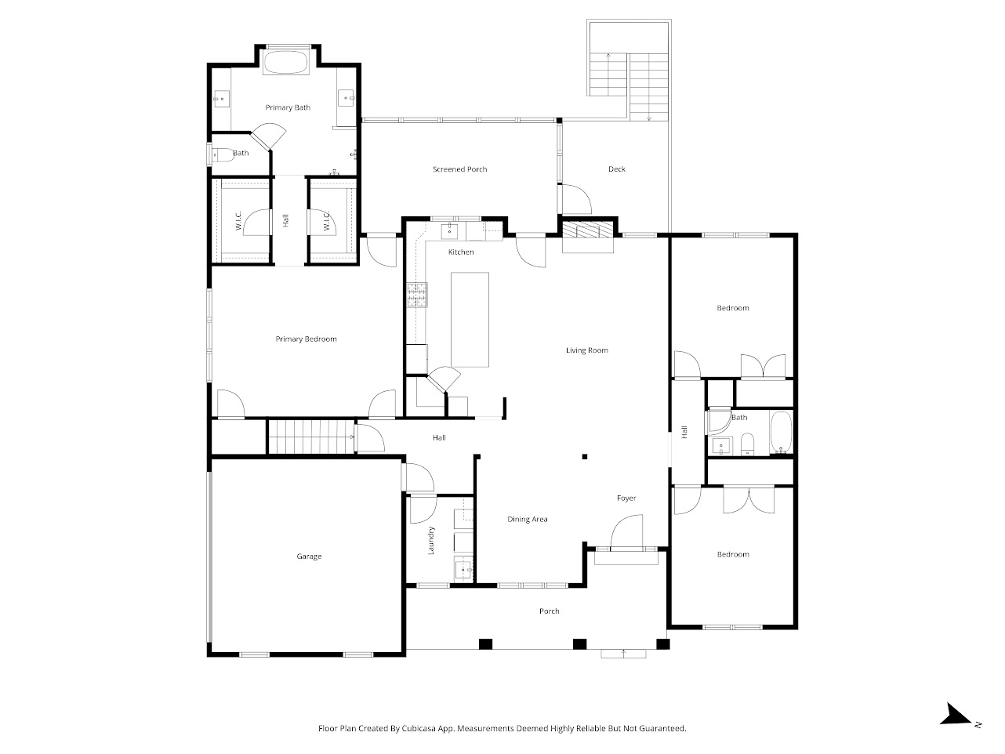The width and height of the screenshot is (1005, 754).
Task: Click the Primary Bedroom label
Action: coord(306,339)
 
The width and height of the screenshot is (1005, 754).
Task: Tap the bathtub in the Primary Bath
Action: coord(287,63)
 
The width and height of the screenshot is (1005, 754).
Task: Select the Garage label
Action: coord(309,556)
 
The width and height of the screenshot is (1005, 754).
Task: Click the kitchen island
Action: coord(470,319)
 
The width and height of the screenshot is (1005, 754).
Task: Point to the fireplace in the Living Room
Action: coord(588,230)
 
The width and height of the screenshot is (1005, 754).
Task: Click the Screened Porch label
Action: coord(460,169)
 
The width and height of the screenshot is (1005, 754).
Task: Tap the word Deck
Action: coord(617,169)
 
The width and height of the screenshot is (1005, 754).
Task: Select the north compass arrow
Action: coord(956,715)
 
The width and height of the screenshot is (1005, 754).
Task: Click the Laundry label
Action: coord(431,541)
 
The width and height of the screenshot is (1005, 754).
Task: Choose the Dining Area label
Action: coord(528,519)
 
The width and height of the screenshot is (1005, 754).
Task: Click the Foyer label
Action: coord(626,498)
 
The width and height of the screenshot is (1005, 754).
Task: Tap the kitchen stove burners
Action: coord(415,295)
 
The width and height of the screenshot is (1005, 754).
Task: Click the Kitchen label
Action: coord(461,252)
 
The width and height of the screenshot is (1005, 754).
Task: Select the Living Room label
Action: coord(587,350)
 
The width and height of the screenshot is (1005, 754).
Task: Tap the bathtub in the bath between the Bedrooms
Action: coord(781,433)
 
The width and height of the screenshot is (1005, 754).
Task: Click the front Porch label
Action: coord(550,611)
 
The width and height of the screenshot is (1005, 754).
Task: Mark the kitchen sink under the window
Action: coord(451,230)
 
